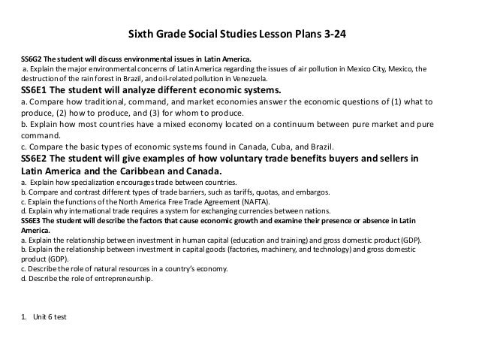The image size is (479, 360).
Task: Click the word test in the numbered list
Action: [x=59, y=316]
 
